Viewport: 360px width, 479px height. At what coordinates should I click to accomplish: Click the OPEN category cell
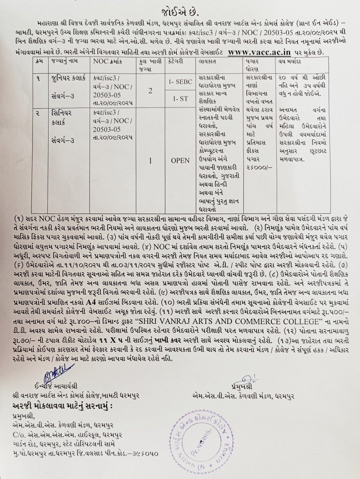tap(180, 160)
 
